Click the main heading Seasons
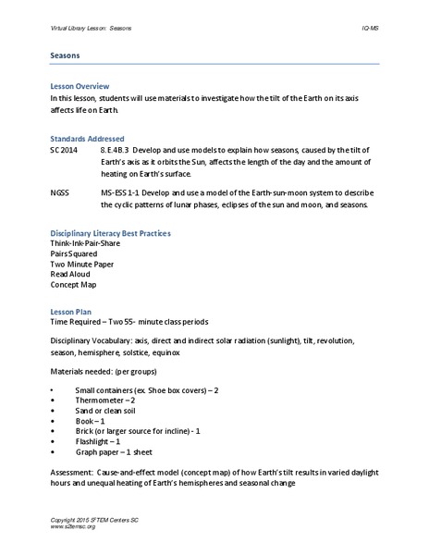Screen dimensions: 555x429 pos(66,55)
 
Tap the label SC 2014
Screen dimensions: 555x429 pos(65,149)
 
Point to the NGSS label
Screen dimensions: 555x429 pos(59,193)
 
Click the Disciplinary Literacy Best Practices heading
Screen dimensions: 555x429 pos(110,233)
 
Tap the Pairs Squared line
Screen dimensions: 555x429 pos(77,253)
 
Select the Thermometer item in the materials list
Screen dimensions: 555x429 pos(105,401)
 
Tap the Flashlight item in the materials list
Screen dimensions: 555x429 pos(102,442)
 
